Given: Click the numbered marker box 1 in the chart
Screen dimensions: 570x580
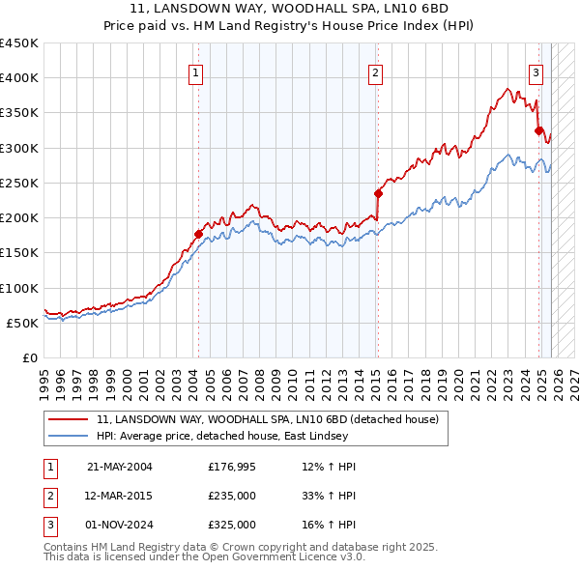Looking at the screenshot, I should pos(195,71).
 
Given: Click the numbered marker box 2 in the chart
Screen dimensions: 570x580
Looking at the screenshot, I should pos(374,71).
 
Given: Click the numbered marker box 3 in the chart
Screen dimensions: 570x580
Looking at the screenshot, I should pos(536,71).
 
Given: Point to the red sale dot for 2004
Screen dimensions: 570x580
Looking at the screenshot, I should pos(198,233).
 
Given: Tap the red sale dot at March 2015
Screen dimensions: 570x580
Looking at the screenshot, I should pos(378,192).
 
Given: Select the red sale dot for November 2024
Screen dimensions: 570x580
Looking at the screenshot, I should pos(538,129).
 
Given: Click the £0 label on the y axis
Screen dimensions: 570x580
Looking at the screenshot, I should pos(30,357).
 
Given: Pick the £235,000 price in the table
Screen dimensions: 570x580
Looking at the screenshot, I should pos(231,496).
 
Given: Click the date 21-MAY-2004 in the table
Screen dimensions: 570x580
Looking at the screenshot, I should pos(119,467).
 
